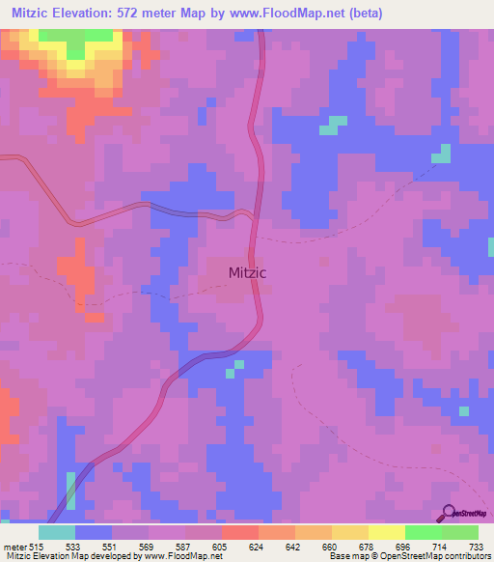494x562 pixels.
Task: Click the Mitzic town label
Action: (247, 272)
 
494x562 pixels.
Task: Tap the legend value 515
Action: (37, 546)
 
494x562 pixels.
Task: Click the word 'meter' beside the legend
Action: (14, 546)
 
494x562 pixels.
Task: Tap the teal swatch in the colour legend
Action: (57, 532)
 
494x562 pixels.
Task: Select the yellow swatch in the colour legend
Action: (387, 532)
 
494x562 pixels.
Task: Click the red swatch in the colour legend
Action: (240, 532)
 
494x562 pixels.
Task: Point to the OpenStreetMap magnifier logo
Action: (451, 513)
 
